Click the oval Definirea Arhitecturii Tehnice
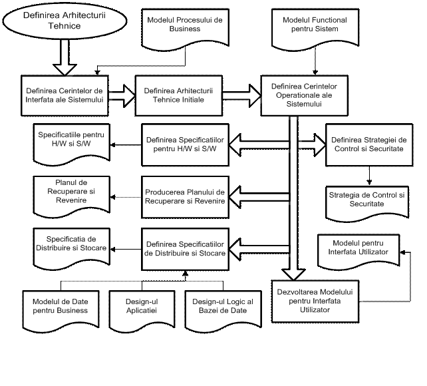(65, 20)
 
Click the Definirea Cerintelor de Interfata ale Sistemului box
(64, 95)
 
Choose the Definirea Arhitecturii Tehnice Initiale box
(178, 95)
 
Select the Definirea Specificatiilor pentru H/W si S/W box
(185, 145)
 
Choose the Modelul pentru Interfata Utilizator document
(360, 249)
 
